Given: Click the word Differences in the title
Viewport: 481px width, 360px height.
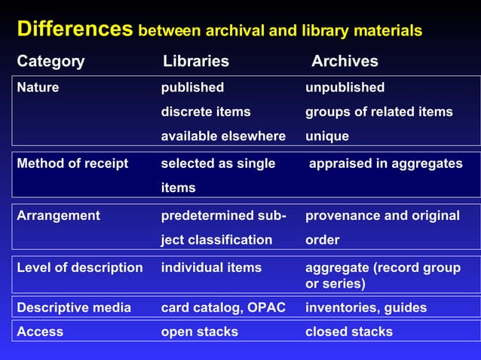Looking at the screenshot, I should coord(75,29).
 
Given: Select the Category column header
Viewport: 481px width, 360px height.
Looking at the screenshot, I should coord(51,61).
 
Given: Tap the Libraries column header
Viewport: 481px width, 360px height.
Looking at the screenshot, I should coord(196,61).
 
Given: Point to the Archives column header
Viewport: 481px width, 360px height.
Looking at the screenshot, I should coord(345,61).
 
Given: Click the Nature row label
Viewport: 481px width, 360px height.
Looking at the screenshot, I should coord(38,87).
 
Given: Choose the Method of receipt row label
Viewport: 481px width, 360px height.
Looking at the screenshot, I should coord(72,163).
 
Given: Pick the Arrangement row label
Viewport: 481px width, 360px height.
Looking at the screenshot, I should coord(58,215).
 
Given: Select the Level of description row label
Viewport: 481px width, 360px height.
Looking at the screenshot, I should coord(79,267).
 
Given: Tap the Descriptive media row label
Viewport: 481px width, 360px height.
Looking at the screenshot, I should coord(74,307).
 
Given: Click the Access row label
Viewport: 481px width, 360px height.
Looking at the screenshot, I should coord(40,331).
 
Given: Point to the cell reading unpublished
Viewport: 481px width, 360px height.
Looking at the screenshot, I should coord(345,87).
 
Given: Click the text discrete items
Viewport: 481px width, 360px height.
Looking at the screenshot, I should coord(206,111).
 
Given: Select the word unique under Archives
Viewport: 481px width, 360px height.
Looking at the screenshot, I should coord(326,136).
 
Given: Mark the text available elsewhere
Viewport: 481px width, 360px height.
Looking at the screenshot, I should coord(223,136).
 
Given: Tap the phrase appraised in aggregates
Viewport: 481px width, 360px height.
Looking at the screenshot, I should coord(386,163).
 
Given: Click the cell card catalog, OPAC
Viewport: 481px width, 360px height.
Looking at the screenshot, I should coord(223,307).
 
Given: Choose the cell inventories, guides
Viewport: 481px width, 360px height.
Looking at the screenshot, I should coord(366,307).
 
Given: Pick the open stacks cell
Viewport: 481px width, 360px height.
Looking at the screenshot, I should coord(199,331).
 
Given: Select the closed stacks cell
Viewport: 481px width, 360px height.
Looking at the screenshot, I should coord(348,331).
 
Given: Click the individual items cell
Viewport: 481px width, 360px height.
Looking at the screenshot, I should coord(211,267).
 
